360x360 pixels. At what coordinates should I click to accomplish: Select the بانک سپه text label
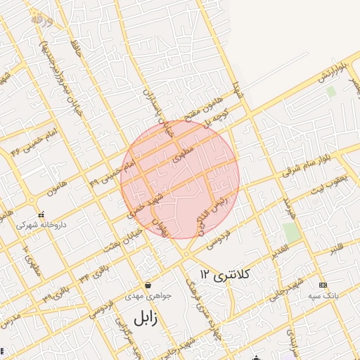click(323, 297)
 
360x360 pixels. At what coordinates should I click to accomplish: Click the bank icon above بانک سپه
click(323, 285)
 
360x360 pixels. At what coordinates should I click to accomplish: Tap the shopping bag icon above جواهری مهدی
click(148, 285)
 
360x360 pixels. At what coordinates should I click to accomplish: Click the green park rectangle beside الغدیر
click(292, 232)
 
